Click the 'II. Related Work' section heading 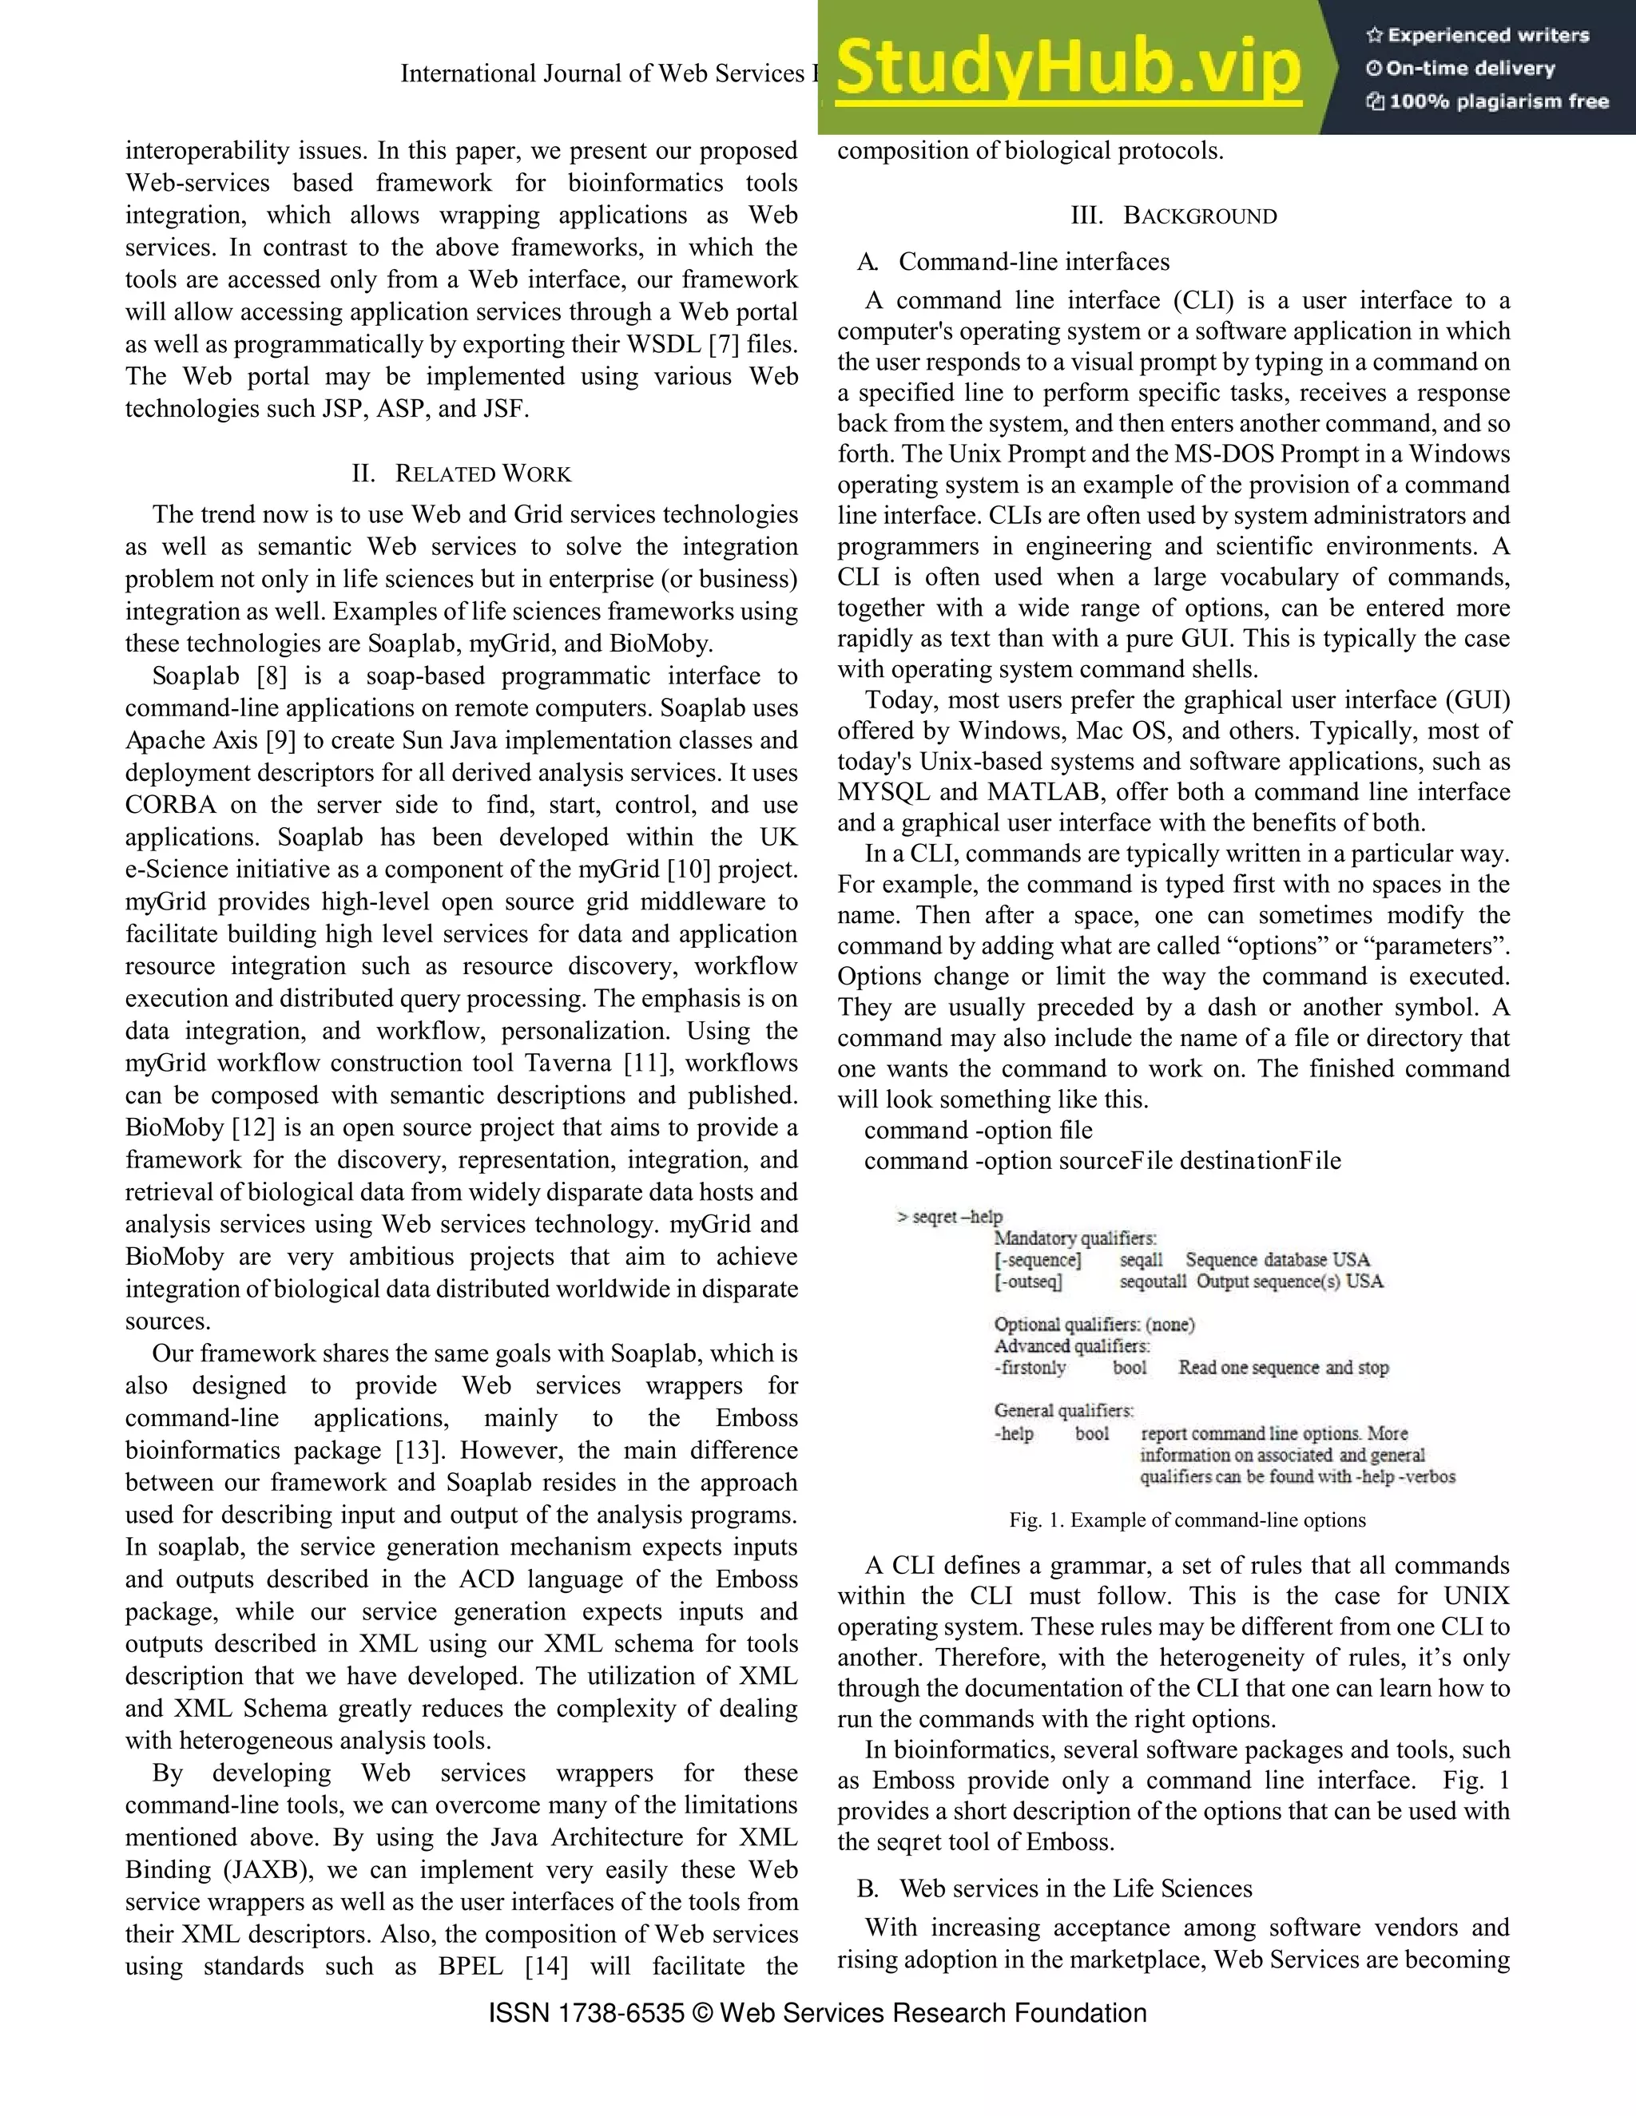462,474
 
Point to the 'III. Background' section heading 1173,216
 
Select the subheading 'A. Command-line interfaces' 1014,262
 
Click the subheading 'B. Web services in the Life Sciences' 1054,1888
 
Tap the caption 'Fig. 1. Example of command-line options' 1186,1520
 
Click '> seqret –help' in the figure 950,1217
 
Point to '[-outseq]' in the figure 1027,1282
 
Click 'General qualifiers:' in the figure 1063,1411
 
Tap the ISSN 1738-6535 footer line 817,2013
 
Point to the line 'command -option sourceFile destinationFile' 1102,1161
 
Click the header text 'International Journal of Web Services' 601,74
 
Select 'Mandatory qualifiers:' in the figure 1075,1238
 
